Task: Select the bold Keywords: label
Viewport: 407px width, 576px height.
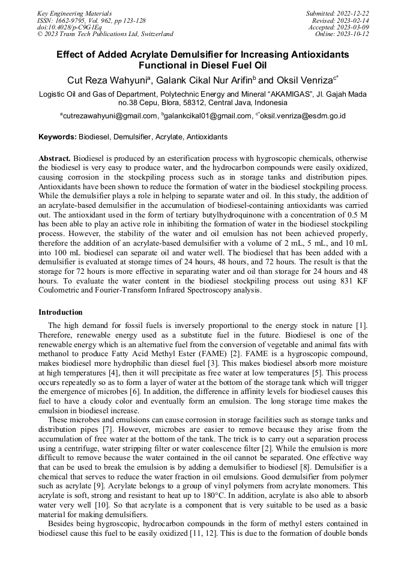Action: [x=58, y=137]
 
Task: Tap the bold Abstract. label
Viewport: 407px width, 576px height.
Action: [x=55, y=157]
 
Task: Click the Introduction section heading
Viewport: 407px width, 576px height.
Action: [x=61, y=312]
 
